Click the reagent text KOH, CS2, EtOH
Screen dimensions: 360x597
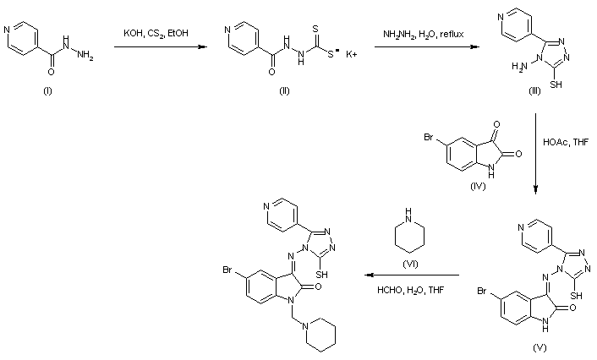click(159, 33)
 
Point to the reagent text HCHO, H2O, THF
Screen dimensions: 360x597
click(410, 292)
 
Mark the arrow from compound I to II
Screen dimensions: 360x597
click(159, 47)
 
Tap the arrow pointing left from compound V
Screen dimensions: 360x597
click(410, 275)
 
